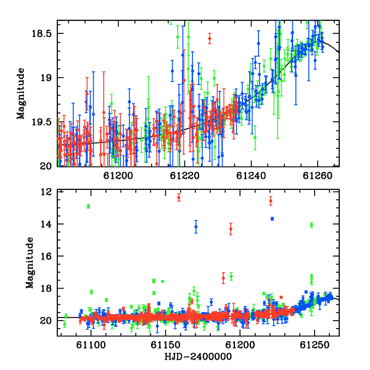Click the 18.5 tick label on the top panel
pyautogui.click(x=41, y=34)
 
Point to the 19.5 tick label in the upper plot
pyautogui.click(x=41, y=122)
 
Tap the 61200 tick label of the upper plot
pyautogui.click(x=118, y=176)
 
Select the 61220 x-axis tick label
pyautogui.click(x=185, y=176)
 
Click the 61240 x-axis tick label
pyautogui.click(x=251, y=176)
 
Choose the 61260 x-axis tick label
pyautogui.click(x=318, y=176)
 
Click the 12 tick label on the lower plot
pyautogui.click(x=46, y=192)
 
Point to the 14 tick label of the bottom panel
pyautogui.click(x=46, y=224)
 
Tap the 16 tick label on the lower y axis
pyautogui.click(x=46, y=257)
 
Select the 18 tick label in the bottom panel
pyautogui.click(x=46, y=289)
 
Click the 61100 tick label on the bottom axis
pyautogui.click(x=91, y=345)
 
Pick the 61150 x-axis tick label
pyautogui.click(x=165, y=345)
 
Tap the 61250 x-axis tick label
pyautogui.click(x=314, y=345)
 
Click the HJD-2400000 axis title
pyautogui.click(x=198, y=356)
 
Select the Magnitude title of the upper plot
pyautogui.click(x=21, y=94)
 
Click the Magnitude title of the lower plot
pyautogui.click(x=30, y=263)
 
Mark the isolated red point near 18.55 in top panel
pyautogui.click(x=210, y=38)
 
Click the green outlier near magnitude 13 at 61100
pyautogui.click(x=88, y=206)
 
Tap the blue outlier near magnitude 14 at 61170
pyautogui.click(x=196, y=227)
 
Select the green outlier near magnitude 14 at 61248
pyautogui.click(x=311, y=225)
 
